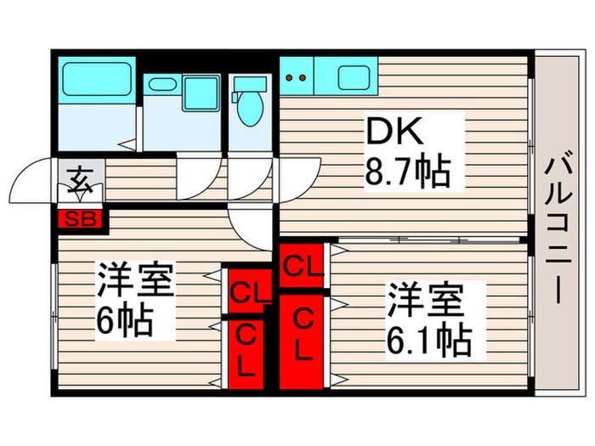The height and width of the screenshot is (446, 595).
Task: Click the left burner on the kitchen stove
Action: pos(290,78)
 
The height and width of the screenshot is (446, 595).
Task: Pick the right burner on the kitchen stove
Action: pos(302,78)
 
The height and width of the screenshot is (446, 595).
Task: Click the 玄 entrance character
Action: pos(81,180)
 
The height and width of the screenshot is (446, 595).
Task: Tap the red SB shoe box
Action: pos(81,218)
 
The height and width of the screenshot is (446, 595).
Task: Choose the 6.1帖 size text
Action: pos(429,340)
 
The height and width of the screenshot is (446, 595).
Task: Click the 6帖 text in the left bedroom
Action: pos(124,319)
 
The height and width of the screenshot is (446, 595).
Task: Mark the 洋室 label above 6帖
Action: pos(135,281)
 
